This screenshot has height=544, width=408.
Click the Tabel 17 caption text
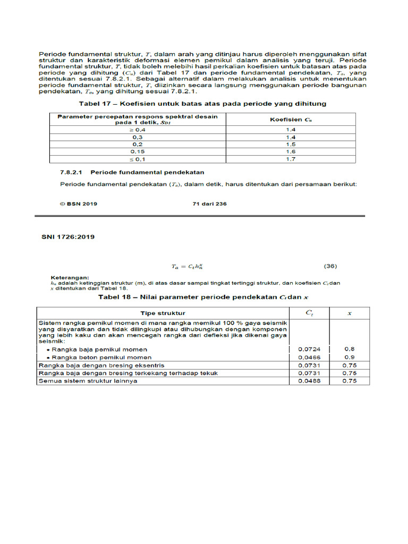[x=203, y=103]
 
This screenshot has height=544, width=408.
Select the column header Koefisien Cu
[x=291, y=120]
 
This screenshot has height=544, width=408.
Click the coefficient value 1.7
[x=291, y=159]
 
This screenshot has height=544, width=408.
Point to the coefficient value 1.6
[x=291, y=151]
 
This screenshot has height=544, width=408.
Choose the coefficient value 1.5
[x=291, y=144]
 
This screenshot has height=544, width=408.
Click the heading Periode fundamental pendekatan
[x=147, y=172]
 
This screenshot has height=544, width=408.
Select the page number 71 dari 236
[x=209, y=203]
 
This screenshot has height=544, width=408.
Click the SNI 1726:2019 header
[x=68, y=237]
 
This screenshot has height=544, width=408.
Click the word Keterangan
[x=70, y=277]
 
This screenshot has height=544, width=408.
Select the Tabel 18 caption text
[x=204, y=297]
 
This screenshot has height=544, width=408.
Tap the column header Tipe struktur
[x=163, y=313]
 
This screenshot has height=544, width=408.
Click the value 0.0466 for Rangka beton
[x=309, y=358]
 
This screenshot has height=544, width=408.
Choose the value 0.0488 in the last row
[x=309, y=381]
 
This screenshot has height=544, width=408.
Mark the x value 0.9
[x=349, y=358]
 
